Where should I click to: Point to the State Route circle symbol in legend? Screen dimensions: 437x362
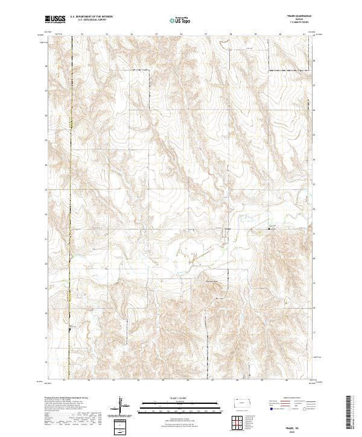click(x=314, y=410)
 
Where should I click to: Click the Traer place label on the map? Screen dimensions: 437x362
click(x=227, y=228)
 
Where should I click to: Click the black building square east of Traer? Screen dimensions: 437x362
click(x=269, y=228)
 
